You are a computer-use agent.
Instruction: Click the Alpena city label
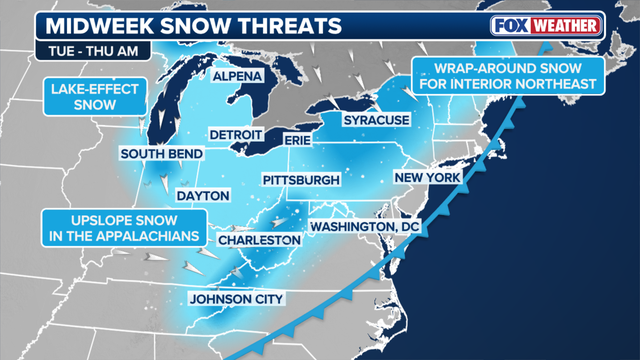[237, 76]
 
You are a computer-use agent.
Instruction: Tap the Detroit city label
[236, 134]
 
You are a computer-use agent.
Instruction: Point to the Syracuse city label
[376, 120]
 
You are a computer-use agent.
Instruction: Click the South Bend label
[161, 154]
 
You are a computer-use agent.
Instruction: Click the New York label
[427, 178]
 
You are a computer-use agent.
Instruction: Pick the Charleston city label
[258, 241]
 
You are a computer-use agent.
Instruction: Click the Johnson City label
[237, 298]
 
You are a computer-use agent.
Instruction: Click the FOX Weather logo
[546, 24]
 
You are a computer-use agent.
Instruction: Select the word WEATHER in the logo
[564, 24]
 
